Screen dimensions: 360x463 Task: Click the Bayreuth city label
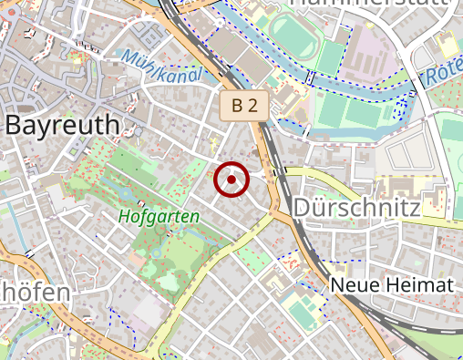pyautogui.click(x=63, y=125)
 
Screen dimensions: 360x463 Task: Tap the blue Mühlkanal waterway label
pyautogui.click(x=159, y=67)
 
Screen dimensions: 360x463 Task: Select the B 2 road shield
pyautogui.click(x=244, y=106)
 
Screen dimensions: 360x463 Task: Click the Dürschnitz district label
pyautogui.click(x=356, y=209)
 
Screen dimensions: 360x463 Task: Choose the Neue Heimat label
pyautogui.click(x=392, y=285)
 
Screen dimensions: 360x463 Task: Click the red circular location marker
pyautogui.click(x=231, y=180)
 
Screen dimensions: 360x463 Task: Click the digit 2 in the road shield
pyautogui.click(x=252, y=106)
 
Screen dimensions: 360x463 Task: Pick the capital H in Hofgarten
pyautogui.click(x=124, y=217)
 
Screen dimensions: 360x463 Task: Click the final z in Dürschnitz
pyautogui.click(x=414, y=209)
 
